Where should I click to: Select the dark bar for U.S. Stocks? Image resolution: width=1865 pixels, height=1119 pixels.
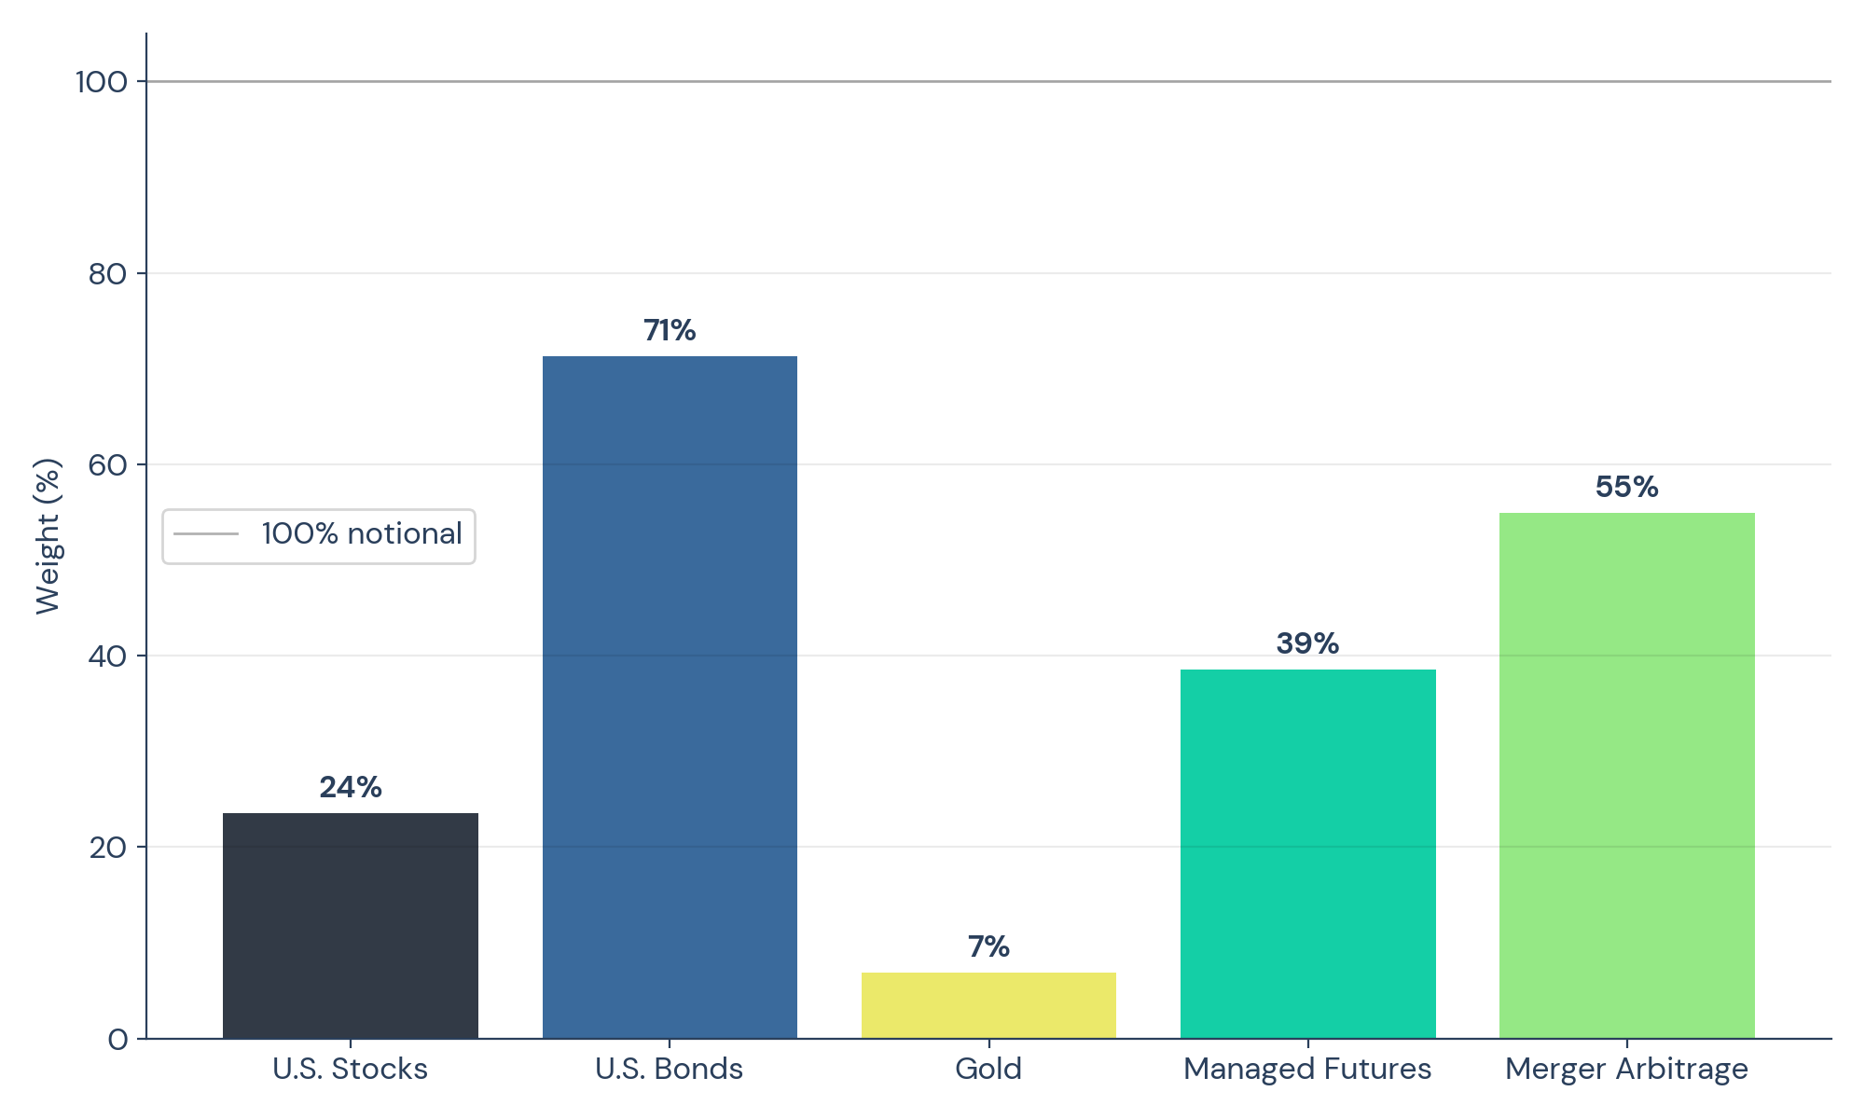click(x=351, y=926)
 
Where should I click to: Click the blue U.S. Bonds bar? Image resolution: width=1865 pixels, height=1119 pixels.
click(x=670, y=698)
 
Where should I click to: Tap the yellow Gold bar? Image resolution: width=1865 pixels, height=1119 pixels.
click(x=988, y=1005)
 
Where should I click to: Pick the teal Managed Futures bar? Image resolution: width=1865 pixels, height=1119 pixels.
click(x=1307, y=854)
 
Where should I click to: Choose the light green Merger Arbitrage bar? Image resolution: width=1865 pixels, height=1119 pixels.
click(x=1626, y=776)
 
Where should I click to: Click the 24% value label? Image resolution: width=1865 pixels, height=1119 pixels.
click(x=351, y=788)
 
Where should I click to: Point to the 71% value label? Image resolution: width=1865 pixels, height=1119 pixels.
click(x=670, y=331)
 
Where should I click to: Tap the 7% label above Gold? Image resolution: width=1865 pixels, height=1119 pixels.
click(x=988, y=947)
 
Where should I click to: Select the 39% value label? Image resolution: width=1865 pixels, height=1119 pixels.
click(x=1307, y=644)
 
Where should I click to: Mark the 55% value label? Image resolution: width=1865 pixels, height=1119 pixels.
click(x=1626, y=488)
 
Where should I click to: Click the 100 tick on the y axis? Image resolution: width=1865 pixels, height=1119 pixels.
click(x=102, y=82)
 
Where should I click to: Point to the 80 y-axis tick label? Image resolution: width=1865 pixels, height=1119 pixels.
click(x=107, y=274)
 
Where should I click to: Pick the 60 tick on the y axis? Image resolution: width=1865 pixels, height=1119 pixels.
click(x=107, y=465)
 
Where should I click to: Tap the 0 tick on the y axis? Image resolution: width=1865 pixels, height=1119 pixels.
click(x=118, y=1039)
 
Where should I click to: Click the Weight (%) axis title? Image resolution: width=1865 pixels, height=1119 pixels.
click(x=48, y=536)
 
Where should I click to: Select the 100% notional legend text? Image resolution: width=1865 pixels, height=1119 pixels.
click(x=362, y=534)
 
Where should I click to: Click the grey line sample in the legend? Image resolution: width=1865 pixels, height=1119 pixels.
click(x=206, y=534)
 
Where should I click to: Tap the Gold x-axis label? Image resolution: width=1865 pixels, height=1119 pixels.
click(x=988, y=1069)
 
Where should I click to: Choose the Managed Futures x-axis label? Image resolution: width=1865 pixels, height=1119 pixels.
click(x=1307, y=1069)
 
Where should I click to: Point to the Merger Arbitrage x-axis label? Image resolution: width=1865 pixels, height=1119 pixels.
click(x=1626, y=1069)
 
